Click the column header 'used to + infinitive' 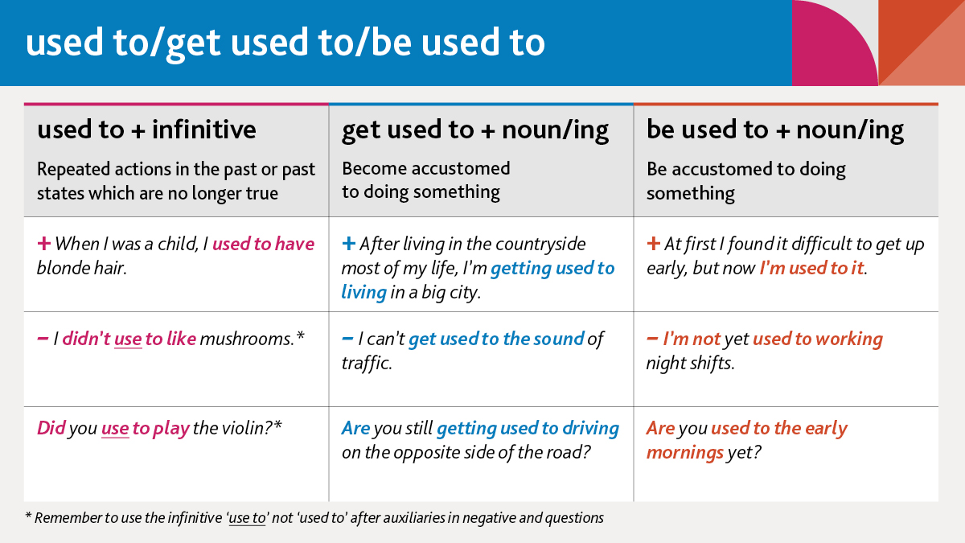click(146, 130)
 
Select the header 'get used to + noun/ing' click(475, 130)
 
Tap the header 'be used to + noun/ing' click(775, 130)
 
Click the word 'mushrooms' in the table click(248, 339)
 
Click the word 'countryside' click(540, 244)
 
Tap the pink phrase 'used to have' click(263, 244)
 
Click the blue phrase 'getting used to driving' click(528, 428)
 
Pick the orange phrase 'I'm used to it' click(812, 268)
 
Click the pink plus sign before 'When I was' click(43, 244)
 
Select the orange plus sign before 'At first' click(653, 244)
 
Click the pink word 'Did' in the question click(51, 428)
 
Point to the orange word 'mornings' click(684, 452)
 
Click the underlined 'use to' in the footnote click(247, 518)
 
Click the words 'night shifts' click(690, 364)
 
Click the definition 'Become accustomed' click(426, 169)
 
